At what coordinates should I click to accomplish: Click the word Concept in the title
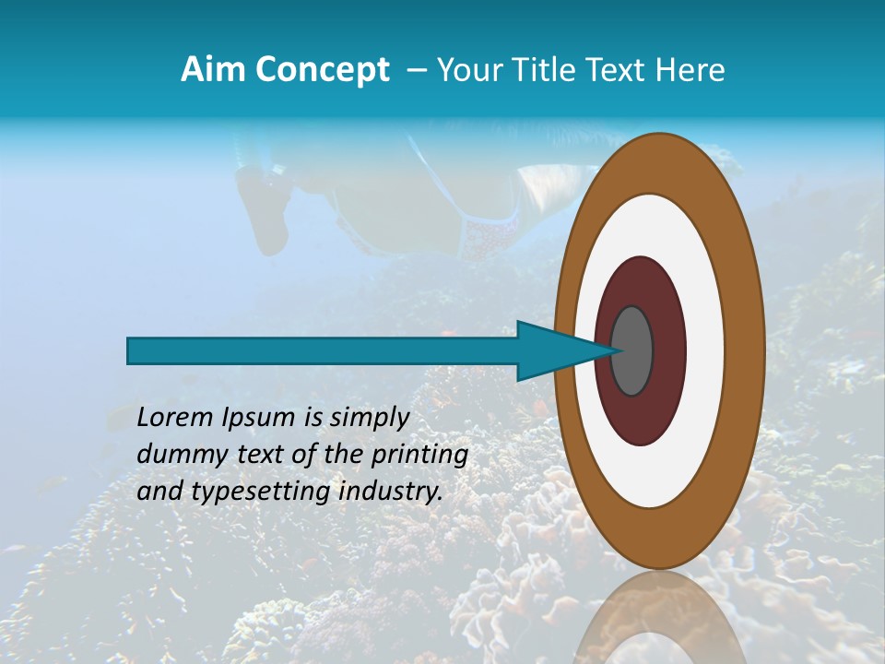pos(322,70)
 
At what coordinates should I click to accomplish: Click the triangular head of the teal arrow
pos(553,350)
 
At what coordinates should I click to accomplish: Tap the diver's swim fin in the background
pos(262,207)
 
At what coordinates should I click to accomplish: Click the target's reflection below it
pos(659,622)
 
